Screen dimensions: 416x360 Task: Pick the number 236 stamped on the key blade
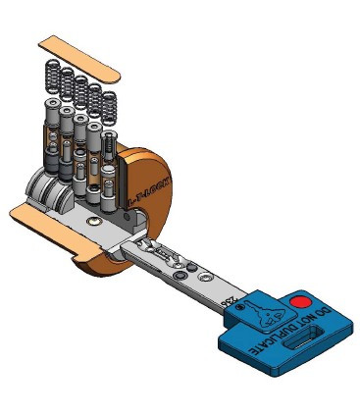230,296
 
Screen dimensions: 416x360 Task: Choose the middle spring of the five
78,89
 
